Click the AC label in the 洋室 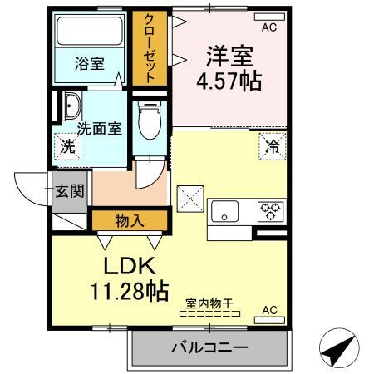point(268,27)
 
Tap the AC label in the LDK point(268,311)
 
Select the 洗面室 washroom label point(100,128)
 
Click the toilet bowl point(150,121)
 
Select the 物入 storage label point(128,220)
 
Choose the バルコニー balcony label point(209,347)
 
